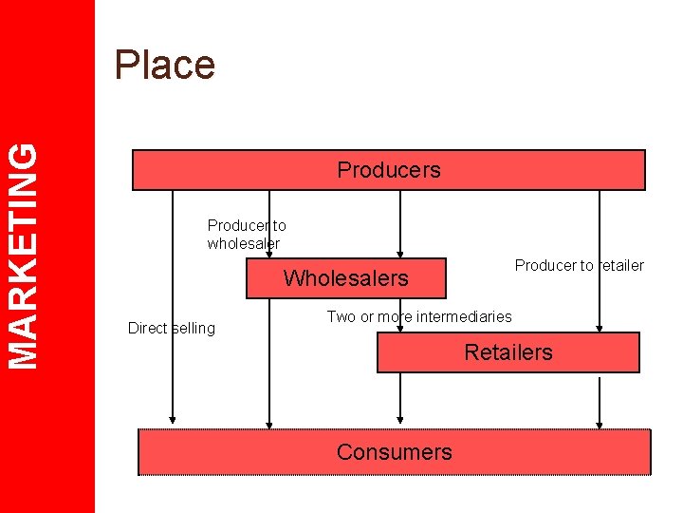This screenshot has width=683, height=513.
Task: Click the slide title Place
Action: pyautogui.click(x=164, y=65)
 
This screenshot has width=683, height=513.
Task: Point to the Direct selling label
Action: pyautogui.click(x=172, y=329)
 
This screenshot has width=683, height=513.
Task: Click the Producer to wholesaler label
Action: pyautogui.click(x=246, y=235)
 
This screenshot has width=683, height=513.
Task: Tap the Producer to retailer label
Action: pyautogui.click(x=579, y=266)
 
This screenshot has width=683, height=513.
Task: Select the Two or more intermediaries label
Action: pyautogui.click(x=419, y=317)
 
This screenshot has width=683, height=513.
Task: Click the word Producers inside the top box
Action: pyautogui.click(x=389, y=170)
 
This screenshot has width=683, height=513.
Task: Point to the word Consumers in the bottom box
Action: pyautogui.click(x=394, y=452)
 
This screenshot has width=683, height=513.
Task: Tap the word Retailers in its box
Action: pyautogui.click(x=508, y=352)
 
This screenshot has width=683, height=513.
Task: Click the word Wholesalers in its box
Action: pyautogui.click(x=345, y=278)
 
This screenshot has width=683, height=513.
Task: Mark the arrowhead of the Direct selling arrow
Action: pyautogui.click(x=173, y=417)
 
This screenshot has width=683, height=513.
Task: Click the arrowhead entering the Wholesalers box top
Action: pyautogui.click(x=400, y=252)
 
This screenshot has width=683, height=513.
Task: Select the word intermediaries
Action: pyautogui.click(x=465, y=317)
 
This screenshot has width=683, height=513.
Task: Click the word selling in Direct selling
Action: pyautogui.click(x=194, y=329)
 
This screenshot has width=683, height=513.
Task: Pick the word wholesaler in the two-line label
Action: pyautogui.click(x=244, y=243)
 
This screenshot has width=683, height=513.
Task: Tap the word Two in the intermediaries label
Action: pyautogui.click(x=340, y=317)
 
